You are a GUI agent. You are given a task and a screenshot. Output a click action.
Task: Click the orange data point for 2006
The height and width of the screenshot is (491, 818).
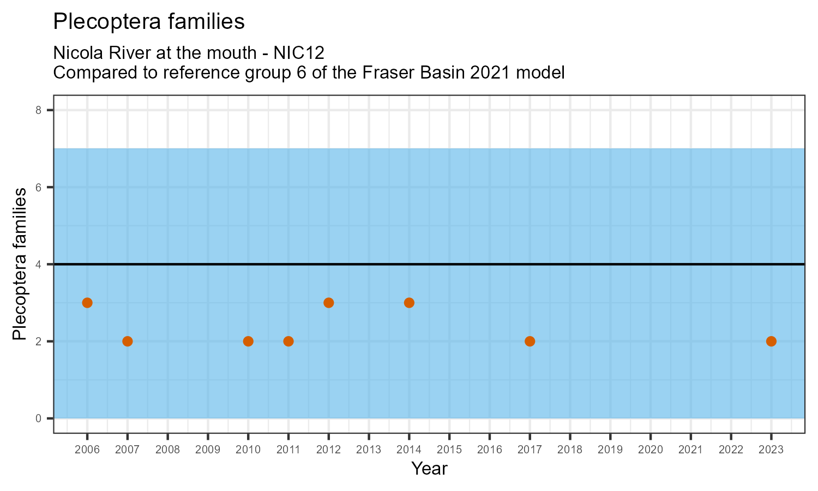click(x=87, y=303)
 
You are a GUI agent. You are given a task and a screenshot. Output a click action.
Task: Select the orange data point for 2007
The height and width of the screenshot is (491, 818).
click(x=128, y=342)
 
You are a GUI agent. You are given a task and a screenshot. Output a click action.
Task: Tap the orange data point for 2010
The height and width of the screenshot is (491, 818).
click(x=248, y=342)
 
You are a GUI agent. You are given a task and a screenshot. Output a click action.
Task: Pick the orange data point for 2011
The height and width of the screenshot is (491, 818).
click(x=288, y=342)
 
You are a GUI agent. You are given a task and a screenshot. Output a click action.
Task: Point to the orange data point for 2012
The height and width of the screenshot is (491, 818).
click(x=329, y=303)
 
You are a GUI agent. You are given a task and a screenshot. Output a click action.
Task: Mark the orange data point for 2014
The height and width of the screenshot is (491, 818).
click(x=409, y=303)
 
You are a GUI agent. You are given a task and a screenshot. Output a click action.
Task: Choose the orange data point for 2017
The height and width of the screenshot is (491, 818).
click(x=530, y=342)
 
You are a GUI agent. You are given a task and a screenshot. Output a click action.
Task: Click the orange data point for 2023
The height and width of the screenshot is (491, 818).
click(x=771, y=342)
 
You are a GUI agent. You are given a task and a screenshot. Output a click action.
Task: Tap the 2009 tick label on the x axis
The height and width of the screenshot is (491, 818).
click(x=208, y=450)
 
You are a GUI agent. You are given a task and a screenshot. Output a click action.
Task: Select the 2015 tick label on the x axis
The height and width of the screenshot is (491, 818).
click(x=449, y=450)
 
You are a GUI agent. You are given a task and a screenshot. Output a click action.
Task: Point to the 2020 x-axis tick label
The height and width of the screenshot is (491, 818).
click(x=651, y=450)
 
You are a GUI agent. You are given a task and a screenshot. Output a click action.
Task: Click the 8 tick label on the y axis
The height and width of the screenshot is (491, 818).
click(x=38, y=110)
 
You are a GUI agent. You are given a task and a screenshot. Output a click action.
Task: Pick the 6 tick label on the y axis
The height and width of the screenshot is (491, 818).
click(x=38, y=187)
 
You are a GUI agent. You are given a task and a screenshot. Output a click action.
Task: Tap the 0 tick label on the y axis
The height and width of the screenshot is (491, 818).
click(x=38, y=418)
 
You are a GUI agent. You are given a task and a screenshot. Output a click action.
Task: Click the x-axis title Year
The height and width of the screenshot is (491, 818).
click(x=429, y=469)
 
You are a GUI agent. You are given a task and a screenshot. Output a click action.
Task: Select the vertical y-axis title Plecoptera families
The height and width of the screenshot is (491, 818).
click(x=20, y=264)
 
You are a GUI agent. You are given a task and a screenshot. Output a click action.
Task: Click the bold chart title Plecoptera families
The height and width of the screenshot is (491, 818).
click(x=149, y=22)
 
